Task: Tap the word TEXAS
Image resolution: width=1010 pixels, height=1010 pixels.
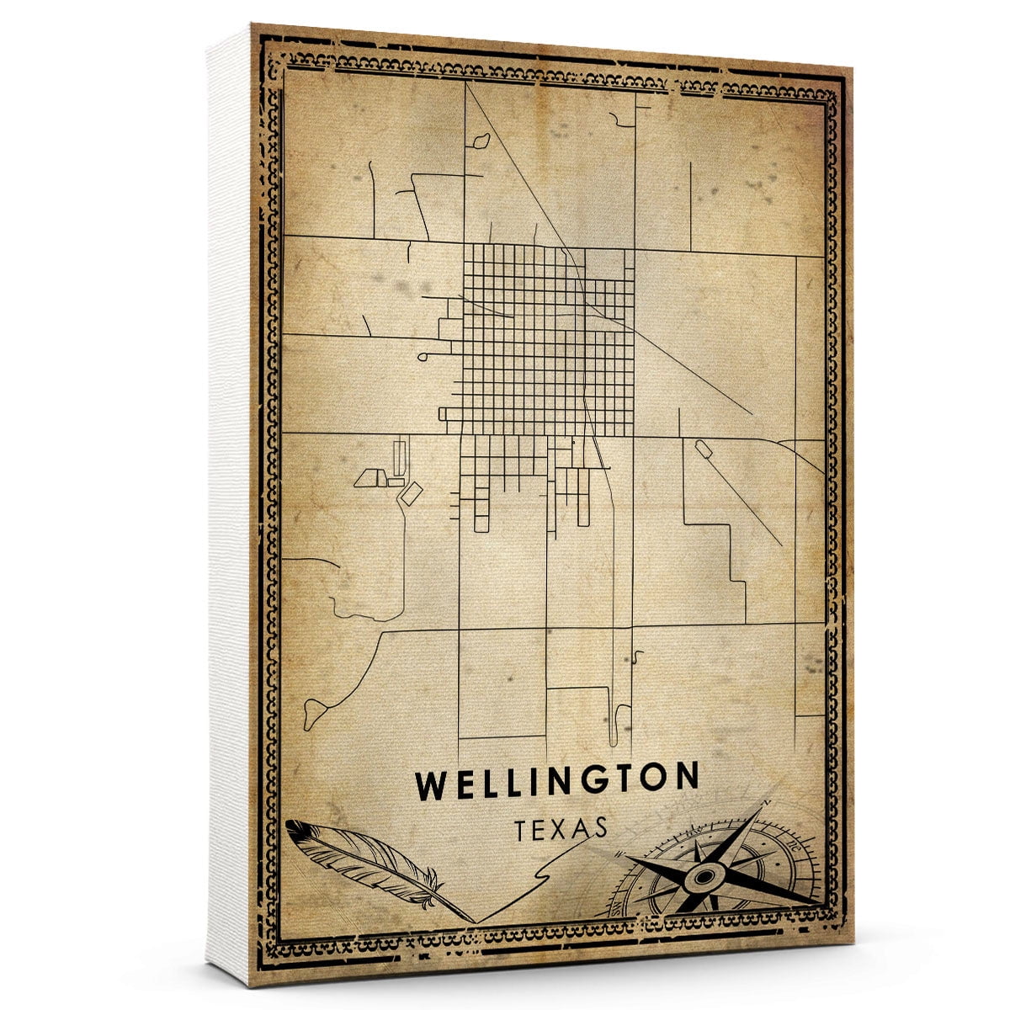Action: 556,828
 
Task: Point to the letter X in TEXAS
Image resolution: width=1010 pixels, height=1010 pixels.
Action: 556,828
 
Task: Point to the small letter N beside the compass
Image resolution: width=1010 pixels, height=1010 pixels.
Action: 767,802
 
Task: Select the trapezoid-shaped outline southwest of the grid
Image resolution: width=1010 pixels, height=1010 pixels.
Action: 369,479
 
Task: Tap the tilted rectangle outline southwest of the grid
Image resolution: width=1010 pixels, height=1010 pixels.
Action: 412,492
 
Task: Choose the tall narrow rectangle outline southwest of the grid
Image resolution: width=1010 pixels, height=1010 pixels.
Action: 399,455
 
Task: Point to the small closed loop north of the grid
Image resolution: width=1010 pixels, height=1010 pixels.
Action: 481,141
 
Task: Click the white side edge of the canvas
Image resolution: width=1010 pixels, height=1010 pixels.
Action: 229,505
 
